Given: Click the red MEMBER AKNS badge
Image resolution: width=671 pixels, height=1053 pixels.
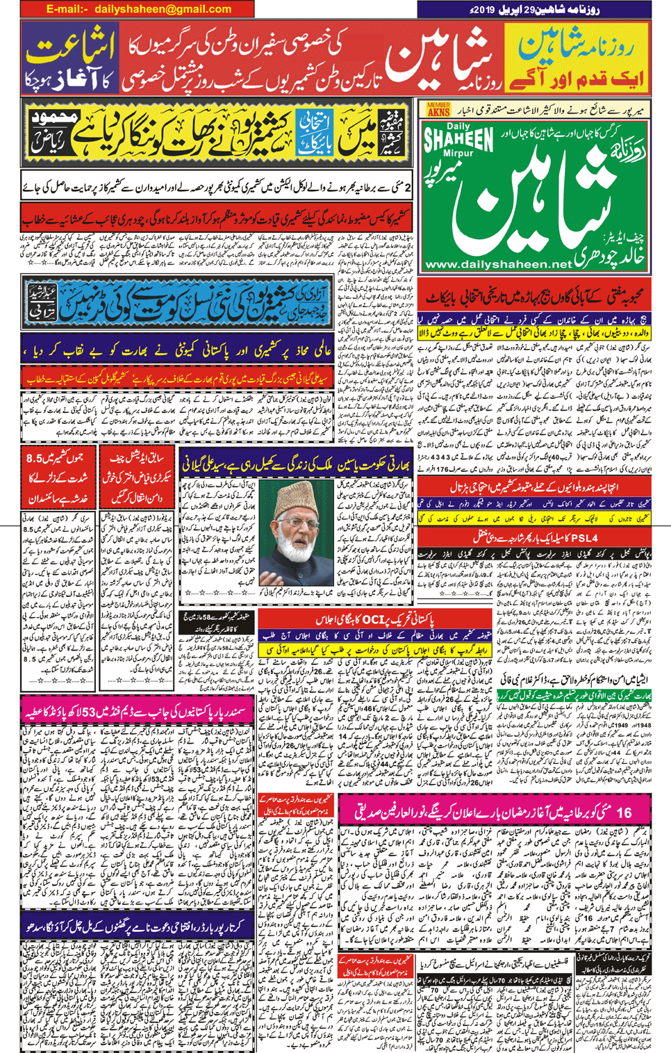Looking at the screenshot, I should [x=438, y=109].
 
